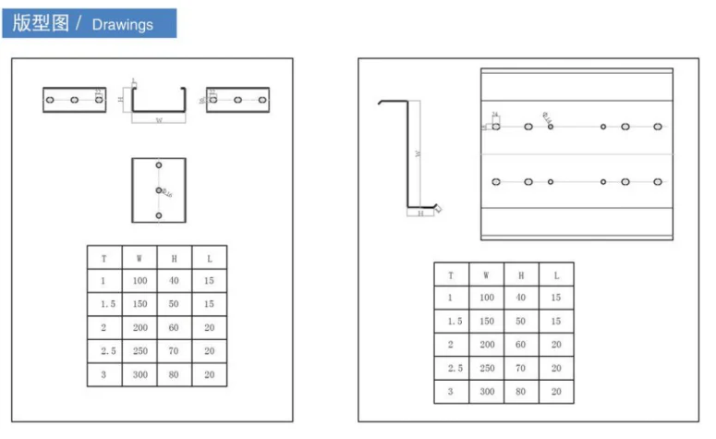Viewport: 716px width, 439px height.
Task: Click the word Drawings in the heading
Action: [x=122, y=24]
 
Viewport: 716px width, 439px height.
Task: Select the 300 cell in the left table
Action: [x=139, y=375]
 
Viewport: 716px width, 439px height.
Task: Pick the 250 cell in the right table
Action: [x=486, y=368]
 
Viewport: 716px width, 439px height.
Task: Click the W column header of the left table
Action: [x=139, y=259]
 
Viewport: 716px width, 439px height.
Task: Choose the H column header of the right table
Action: [x=521, y=274]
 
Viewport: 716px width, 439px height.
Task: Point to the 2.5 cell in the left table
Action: [x=103, y=352]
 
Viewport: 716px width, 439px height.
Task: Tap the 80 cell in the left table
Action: [x=174, y=375]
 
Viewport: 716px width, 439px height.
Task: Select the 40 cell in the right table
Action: [x=521, y=298]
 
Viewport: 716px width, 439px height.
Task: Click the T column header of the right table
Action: [x=450, y=274]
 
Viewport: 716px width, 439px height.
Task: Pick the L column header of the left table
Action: [x=209, y=259]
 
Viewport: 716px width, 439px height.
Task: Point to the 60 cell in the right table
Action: [x=521, y=344]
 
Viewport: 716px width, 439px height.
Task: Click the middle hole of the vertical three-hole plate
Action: [x=159, y=191]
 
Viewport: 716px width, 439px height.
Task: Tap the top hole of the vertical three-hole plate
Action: [x=159, y=166]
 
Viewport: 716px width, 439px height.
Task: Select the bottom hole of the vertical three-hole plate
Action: [x=159, y=215]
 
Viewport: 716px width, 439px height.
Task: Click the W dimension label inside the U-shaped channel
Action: [x=158, y=119]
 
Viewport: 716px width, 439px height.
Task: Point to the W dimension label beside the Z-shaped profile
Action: [x=418, y=155]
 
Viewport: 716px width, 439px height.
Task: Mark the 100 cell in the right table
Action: [x=486, y=298]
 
